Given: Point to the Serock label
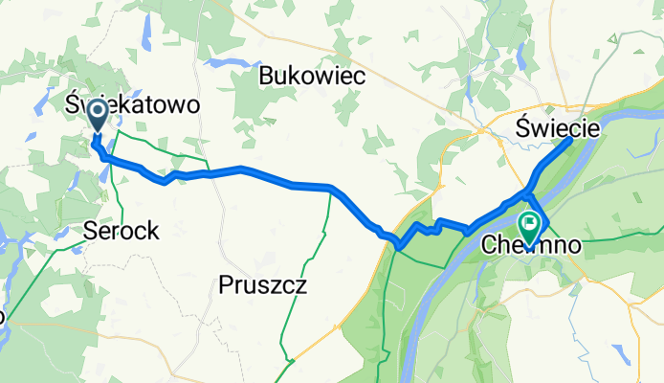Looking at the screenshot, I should [121, 231].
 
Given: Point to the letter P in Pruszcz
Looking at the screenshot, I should [226, 284].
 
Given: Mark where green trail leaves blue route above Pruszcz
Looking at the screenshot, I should [331, 190].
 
